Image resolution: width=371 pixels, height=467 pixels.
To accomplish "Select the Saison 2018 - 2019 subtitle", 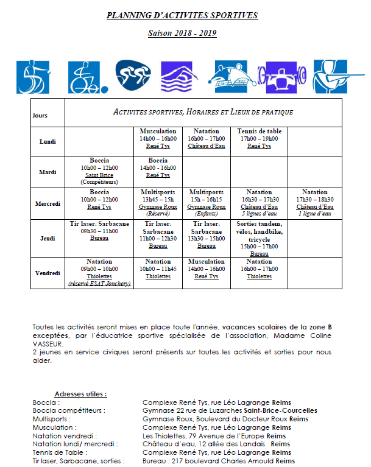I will tap(182, 33).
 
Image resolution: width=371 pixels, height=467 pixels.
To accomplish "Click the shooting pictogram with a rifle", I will tap(331, 76).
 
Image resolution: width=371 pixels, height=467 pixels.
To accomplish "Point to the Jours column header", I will tap(40, 115).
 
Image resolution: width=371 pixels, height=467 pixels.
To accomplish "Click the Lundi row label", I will tap(48, 142).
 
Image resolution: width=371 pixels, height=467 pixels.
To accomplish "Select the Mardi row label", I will tap(48, 172).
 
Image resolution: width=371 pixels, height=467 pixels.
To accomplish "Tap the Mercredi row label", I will tap(48, 203).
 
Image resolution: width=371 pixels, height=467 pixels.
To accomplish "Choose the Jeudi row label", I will tap(48, 238).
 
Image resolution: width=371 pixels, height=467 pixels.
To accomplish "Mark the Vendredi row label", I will tap(48, 272).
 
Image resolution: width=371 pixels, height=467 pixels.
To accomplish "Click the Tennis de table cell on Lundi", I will tap(260, 139).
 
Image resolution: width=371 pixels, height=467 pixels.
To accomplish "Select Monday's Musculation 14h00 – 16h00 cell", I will tap(158, 139).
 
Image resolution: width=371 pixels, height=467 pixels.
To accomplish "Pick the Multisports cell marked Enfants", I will tap(207, 203).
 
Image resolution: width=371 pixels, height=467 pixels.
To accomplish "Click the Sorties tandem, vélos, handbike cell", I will tap(260, 238).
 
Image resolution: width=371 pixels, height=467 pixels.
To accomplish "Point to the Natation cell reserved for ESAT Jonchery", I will tap(99, 272).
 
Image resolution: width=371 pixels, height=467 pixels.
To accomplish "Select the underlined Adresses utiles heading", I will tap(80, 394).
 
